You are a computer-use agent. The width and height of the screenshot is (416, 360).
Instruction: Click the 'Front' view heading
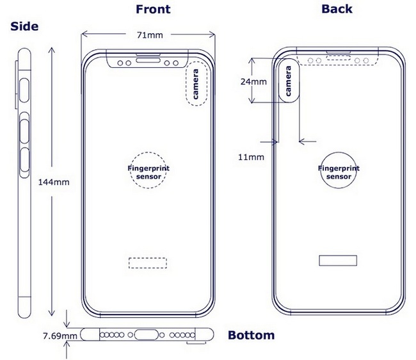click(x=153, y=9)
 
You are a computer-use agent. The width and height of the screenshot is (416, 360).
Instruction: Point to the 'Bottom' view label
click(x=252, y=335)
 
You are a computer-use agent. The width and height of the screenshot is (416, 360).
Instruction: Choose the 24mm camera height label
click(x=254, y=82)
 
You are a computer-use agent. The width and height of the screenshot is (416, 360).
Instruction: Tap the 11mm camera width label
click(x=250, y=157)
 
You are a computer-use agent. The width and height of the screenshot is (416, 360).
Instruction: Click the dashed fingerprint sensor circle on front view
click(x=148, y=170)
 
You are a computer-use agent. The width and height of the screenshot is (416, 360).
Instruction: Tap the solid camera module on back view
click(x=289, y=81)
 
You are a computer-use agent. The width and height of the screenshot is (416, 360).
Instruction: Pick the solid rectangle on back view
click(x=338, y=260)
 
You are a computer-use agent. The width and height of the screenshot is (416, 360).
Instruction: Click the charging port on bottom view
click(x=148, y=335)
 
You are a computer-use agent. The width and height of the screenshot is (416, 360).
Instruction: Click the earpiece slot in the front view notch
click(x=148, y=56)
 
